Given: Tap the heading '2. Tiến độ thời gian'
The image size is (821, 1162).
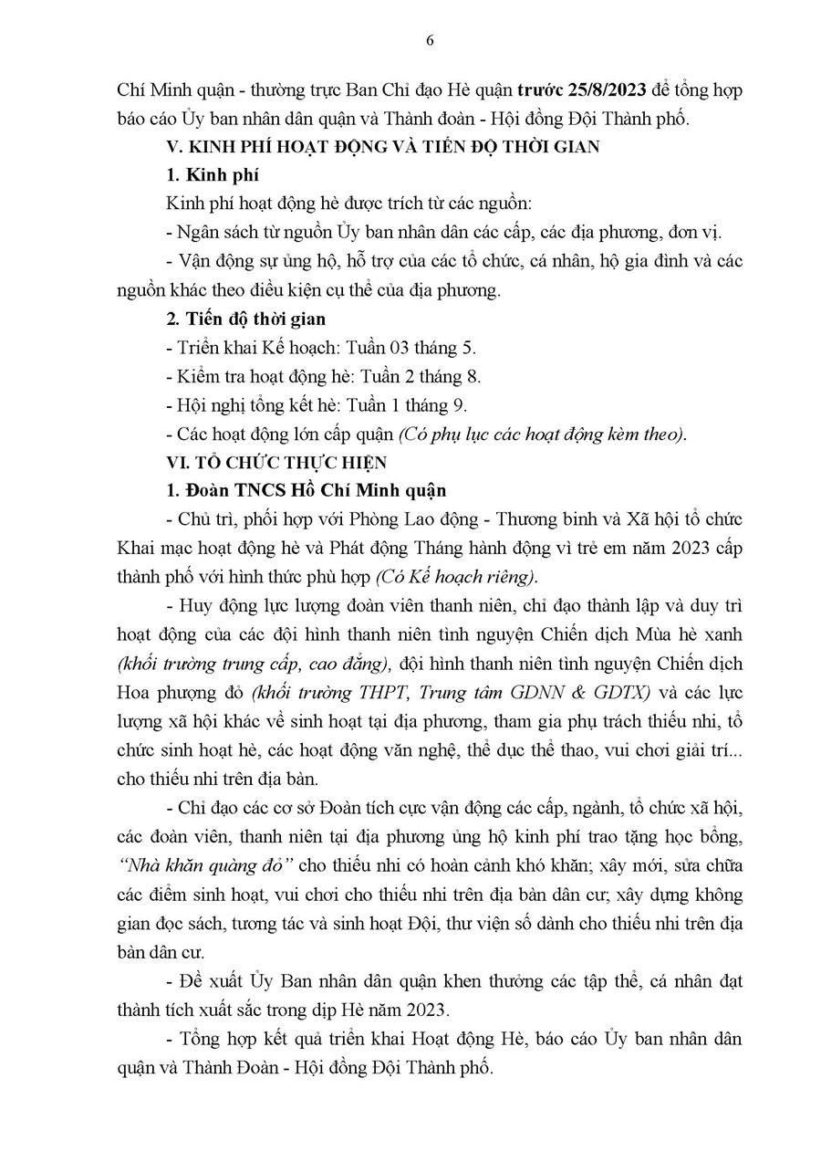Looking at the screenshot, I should point(246,319).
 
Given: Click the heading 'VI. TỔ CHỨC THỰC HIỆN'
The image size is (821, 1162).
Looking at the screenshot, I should point(276,463).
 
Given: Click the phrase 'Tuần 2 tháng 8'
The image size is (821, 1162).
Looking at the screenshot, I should point(422,376).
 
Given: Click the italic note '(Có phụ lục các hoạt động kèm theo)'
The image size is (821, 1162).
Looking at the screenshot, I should point(542,434).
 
